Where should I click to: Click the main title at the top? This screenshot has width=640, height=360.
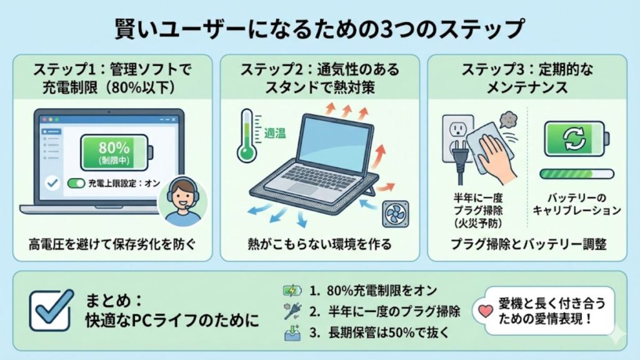click(319, 28)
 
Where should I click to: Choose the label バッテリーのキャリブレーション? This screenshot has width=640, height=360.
click(576, 204)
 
